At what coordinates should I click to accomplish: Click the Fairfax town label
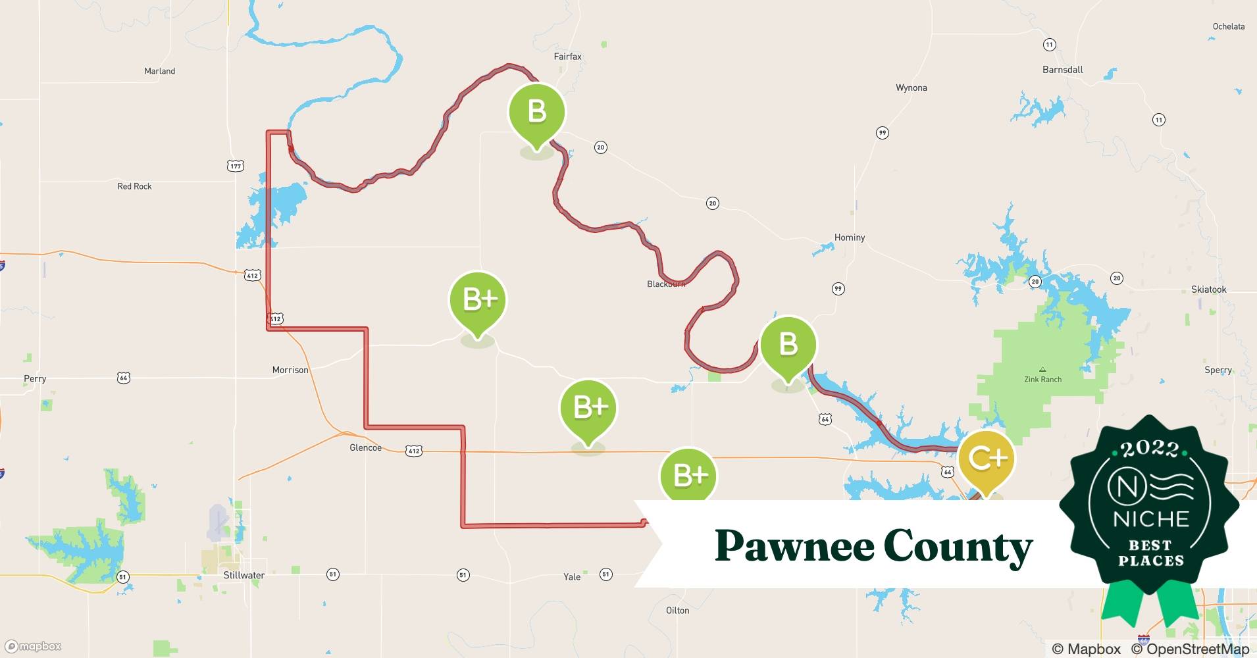click(567, 57)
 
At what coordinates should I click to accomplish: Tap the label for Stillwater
click(244, 575)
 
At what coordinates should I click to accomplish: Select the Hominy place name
click(849, 238)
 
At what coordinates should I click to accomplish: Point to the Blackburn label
click(666, 284)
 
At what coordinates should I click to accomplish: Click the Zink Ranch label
click(1042, 379)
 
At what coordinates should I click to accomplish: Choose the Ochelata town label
click(1228, 27)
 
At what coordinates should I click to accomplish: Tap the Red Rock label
click(134, 187)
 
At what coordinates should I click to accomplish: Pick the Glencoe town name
click(365, 448)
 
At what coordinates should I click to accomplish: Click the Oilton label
click(677, 611)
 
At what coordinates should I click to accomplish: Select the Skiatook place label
click(1208, 290)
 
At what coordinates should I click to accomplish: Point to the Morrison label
click(290, 370)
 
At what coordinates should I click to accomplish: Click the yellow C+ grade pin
click(986, 459)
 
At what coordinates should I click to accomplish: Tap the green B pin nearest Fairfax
click(536, 111)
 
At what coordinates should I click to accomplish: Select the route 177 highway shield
click(236, 166)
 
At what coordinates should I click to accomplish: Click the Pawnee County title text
click(873, 546)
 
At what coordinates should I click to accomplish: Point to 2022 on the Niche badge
click(1149, 449)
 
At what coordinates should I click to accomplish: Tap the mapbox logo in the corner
click(34, 646)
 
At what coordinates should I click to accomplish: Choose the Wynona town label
click(911, 88)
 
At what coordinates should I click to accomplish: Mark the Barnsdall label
click(1062, 70)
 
